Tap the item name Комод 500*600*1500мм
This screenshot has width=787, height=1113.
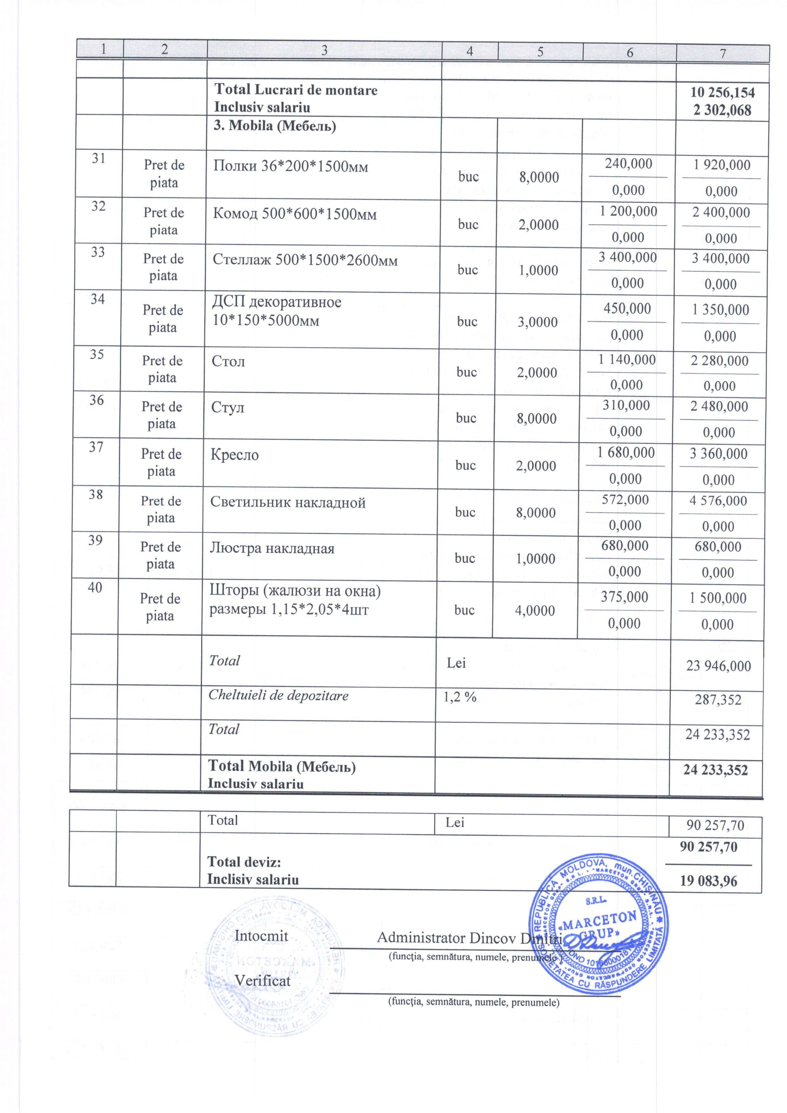pos(294,214)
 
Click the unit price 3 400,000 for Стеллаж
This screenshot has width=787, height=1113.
pos(627,257)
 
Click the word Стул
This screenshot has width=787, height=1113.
pos(228,407)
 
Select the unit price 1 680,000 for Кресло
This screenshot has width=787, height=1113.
pos(626,452)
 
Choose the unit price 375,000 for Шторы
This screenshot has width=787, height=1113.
pos(625,597)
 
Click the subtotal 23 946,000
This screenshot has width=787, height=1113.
pos(718,666)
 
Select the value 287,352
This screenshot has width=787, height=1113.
pos(718,700)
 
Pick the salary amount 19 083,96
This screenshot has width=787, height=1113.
pos(708,880)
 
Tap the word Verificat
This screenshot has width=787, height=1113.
pos(262,981)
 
